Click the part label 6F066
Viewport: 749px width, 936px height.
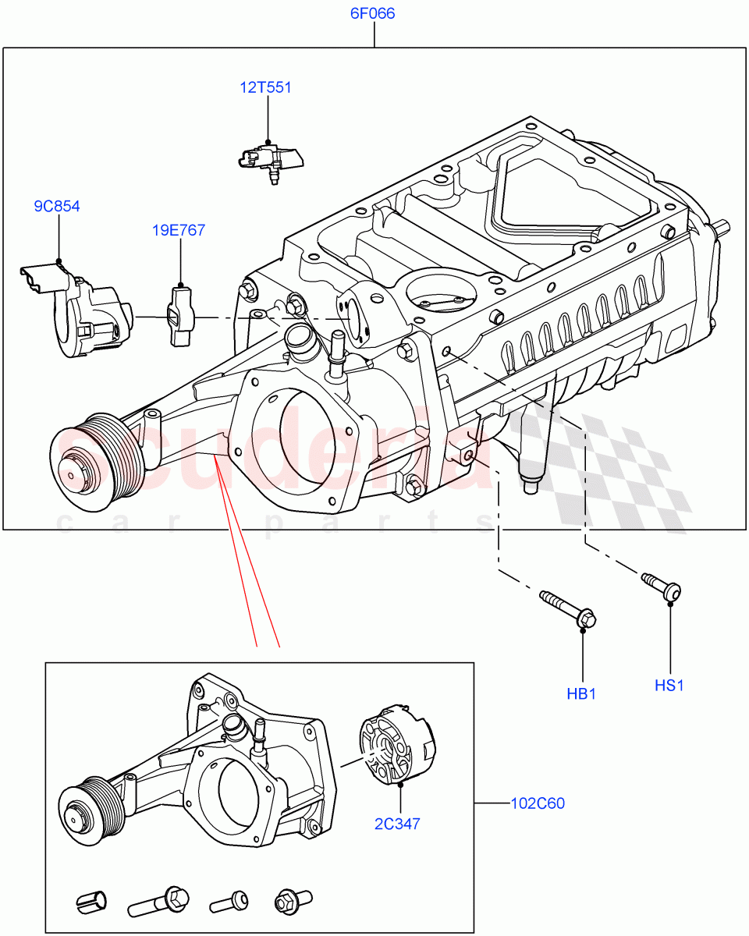coord(374,14)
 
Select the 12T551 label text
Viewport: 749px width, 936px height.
coord(266,87)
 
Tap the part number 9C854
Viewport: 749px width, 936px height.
coord(57,207)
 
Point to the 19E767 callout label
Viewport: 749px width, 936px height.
coord(179,230)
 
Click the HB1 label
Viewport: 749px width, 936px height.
coord(581,693)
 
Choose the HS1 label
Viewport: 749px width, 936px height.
coord(669,686)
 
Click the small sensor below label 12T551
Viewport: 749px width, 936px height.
coord(270,160)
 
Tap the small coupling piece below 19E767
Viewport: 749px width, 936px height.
coord(179,316)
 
